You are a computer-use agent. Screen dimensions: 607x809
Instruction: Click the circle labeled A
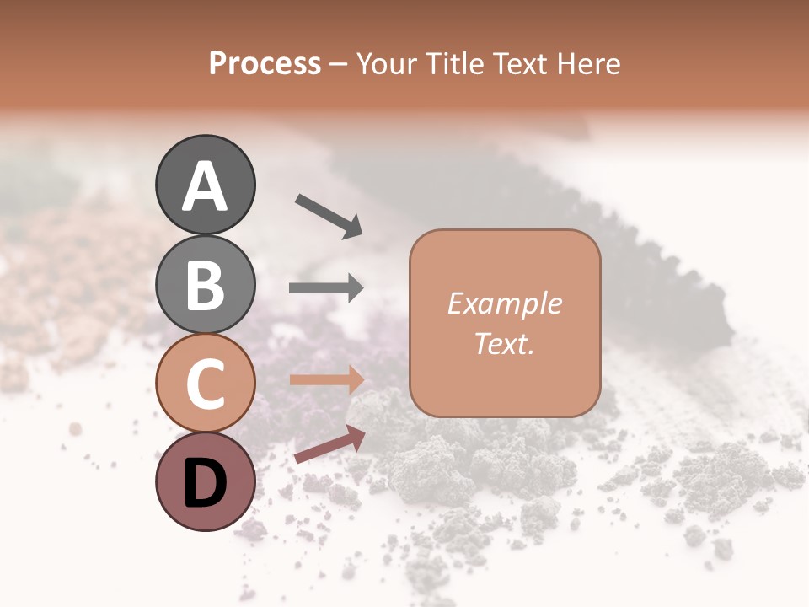[206, 185]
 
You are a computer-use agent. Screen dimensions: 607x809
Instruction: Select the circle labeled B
[206, 284]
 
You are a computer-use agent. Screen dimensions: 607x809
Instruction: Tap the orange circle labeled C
[206, 383]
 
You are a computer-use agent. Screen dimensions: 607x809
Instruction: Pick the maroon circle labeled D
[206, 481]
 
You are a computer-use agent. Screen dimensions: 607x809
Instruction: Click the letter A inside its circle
[206, 186]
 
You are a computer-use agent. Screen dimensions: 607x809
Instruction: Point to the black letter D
[206, 483]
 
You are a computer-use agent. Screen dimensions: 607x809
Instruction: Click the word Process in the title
[265, 64]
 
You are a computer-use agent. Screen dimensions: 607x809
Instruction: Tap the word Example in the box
[504, 303]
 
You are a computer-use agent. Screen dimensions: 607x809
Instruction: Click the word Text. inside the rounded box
[504, 344]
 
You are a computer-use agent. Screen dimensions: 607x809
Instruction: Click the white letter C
[206, 384]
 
